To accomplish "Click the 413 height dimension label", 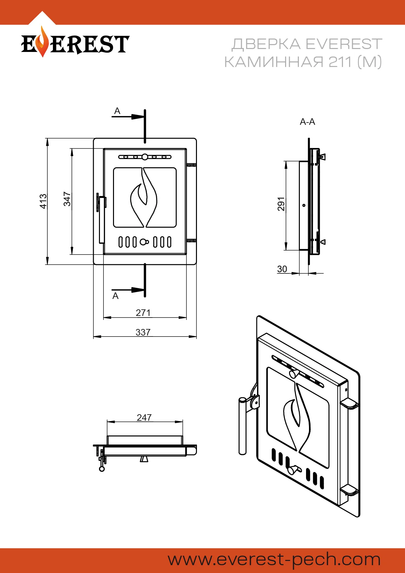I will (43, 201).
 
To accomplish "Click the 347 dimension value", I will (67, 199).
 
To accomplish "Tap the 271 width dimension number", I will (143, 313).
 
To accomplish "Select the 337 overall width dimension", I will (143, 332).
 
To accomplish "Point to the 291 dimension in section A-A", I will (281, 204).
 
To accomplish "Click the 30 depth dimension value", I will (282, 269).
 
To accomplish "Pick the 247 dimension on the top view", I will (144, 417).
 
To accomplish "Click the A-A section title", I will (307, 122).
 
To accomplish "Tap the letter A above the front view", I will (117, 111).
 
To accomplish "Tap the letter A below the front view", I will (115, 296).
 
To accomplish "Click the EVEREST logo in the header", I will (75, 43).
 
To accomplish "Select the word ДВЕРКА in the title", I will (266, 44).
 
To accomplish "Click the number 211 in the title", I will (341, 62).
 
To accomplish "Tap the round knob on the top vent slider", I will (144, 157).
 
